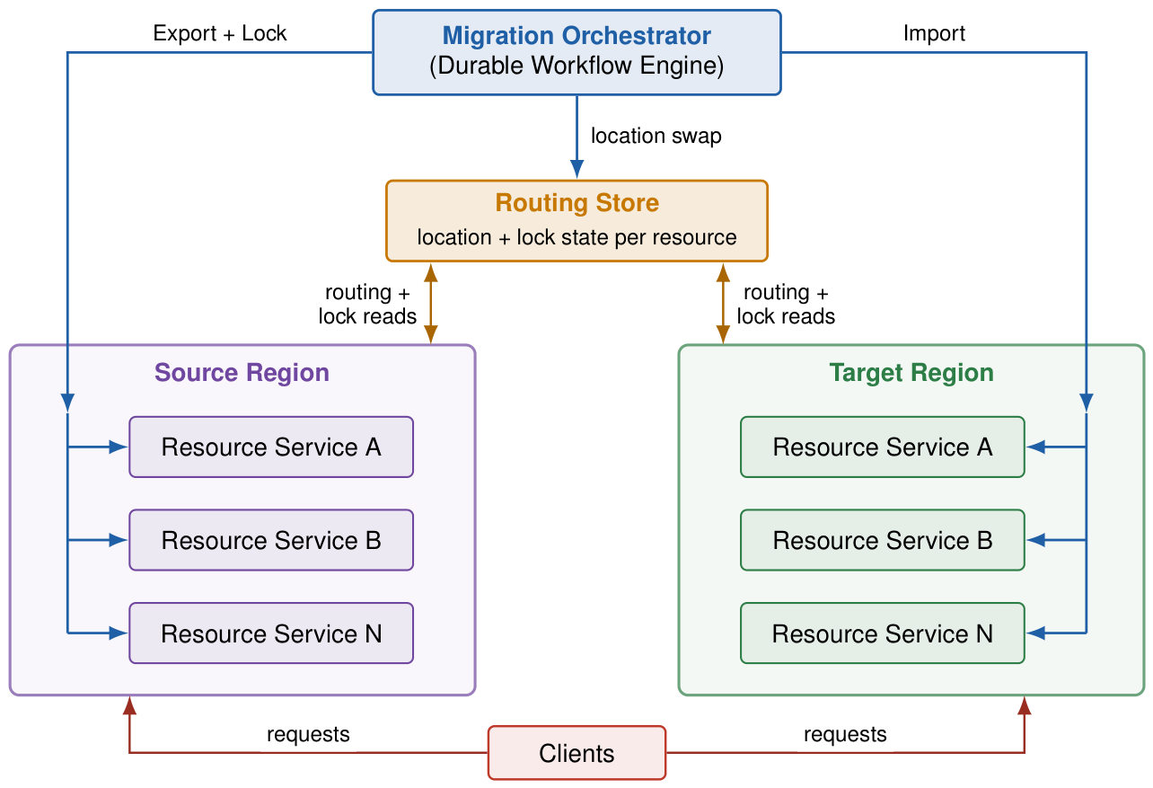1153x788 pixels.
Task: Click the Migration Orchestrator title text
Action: [576, 36]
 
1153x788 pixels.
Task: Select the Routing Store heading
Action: [577, 203]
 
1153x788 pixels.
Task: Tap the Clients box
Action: [576, 753]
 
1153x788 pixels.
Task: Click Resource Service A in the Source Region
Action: [271, 447]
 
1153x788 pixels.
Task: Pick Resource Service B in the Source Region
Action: [271, 540]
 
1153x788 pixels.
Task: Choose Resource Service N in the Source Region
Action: [271, 633]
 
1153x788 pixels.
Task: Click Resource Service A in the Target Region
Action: [882, 447]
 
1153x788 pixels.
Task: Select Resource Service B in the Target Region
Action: [882, 540]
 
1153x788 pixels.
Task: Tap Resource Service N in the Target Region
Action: [882, 633]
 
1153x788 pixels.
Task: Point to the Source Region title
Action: [242, 373]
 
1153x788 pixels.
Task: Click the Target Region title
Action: [911, 373]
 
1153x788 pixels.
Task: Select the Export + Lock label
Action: [220, 33]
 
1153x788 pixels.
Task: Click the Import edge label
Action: [934, 34]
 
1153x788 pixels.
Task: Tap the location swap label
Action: [656, 137]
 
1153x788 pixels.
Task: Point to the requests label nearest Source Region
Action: [308, 735]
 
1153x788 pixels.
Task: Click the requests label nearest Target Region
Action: [845, 735]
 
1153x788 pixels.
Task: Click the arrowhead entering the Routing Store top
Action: [577, 169]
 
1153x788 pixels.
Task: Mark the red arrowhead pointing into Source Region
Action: [129, 705]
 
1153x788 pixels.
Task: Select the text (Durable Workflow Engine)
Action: [576, 66]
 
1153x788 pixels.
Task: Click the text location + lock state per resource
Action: [577, 238]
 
